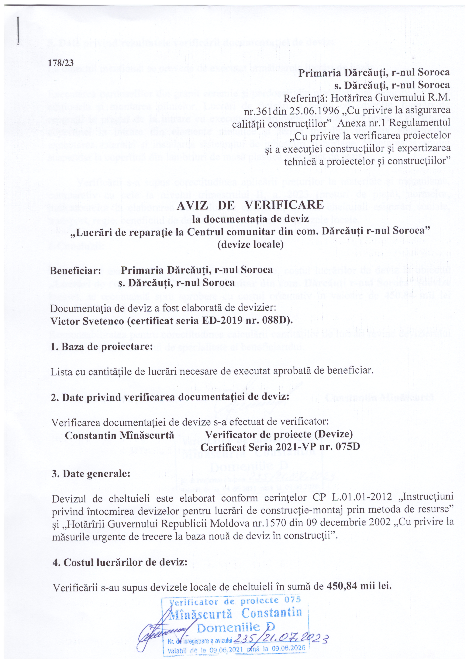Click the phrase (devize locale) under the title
point(250,245)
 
